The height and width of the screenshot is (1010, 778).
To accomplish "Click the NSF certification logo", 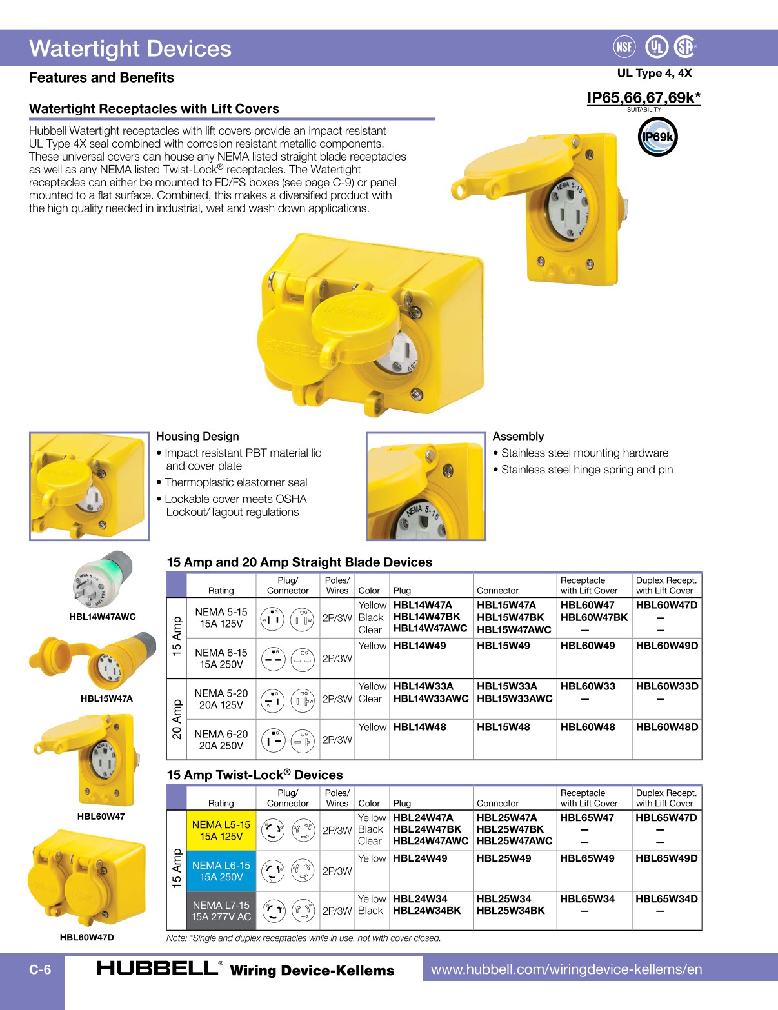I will click(624, 46).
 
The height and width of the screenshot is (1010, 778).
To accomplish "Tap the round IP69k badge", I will click(657, 137).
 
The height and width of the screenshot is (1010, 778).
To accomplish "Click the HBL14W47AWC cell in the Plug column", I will click(430, 629).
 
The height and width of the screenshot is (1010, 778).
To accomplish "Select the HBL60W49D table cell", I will click(666, 646).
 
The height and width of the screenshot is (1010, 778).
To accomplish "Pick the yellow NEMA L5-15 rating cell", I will click(221, 830).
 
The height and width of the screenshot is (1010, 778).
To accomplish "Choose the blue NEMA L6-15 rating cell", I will click(221, 871).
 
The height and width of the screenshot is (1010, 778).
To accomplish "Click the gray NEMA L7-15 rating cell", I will click(221, 911).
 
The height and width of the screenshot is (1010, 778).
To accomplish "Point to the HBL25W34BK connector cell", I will click(510, 911).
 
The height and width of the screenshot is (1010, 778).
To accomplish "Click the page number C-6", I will click(40, 969).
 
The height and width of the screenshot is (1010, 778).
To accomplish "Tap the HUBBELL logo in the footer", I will click(158, 968).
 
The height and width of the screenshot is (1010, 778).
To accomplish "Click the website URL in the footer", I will click(566, 969).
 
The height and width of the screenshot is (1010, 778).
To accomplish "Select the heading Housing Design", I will click(197, 437).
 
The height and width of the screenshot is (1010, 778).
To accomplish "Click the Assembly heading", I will click(518, 437).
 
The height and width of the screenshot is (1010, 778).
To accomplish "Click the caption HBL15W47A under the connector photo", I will click(106, 698).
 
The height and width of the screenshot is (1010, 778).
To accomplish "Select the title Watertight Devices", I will click(130, 49).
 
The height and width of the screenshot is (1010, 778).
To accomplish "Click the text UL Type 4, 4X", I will click(654, 74).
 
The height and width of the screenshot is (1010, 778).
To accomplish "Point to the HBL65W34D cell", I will click(666, 899).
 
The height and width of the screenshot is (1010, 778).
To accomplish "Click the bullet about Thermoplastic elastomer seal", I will click(235, 482).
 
